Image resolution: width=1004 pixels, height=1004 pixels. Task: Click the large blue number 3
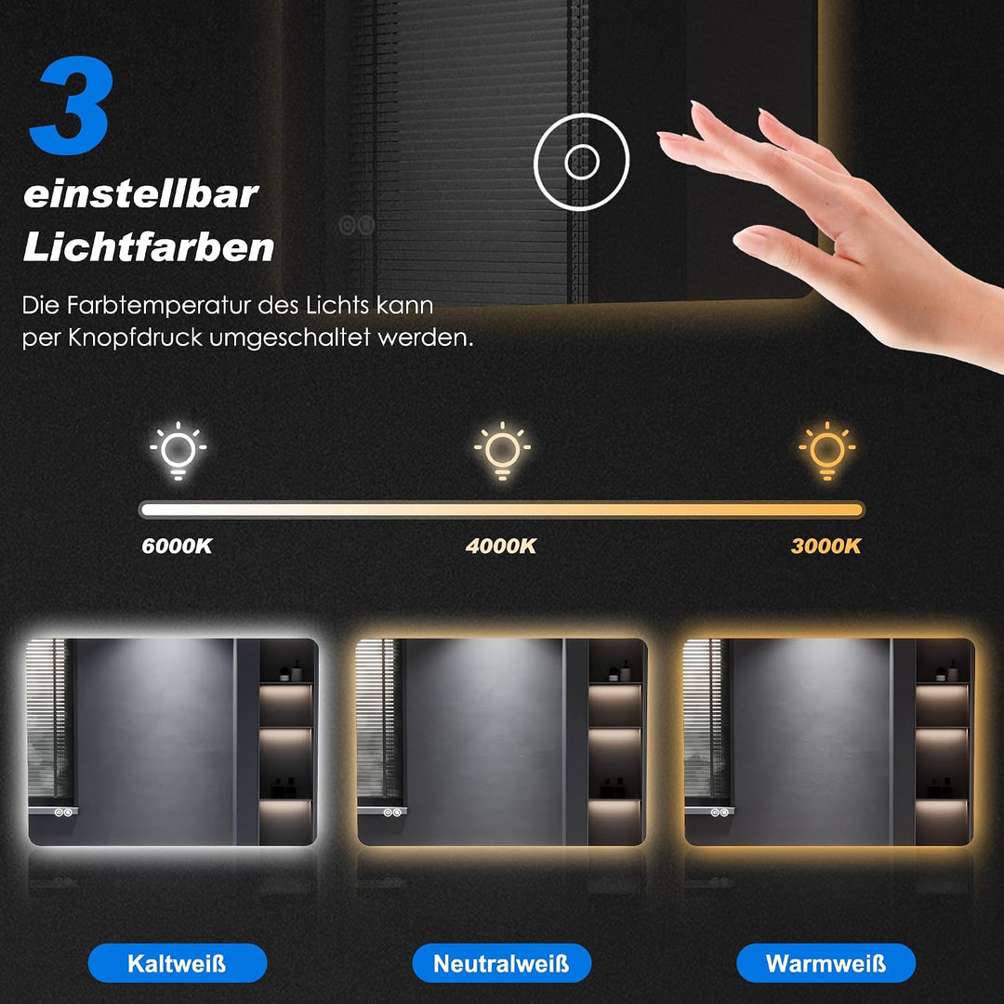[72, 105]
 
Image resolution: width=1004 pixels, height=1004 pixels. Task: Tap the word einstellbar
[141, 193]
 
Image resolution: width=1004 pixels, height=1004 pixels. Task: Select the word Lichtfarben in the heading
[149, 246]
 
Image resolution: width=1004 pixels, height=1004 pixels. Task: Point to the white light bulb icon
[178, 451]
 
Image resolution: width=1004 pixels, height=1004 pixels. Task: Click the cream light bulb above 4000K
[503, 451]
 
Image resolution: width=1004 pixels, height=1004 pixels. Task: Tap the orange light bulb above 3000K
[827, 451]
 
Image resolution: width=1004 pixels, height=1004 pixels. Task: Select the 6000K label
[177, 547]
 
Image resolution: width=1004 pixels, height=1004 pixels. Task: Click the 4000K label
[501, 547]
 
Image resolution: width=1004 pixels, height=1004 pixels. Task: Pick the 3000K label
[826, 547]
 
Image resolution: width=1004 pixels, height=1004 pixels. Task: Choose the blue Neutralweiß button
[501, 963]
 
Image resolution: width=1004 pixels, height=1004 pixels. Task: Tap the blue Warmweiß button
[826, 963]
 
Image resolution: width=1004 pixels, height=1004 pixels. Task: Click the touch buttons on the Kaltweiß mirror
[62, 812]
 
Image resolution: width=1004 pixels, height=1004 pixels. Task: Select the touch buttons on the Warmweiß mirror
[719, 812]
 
